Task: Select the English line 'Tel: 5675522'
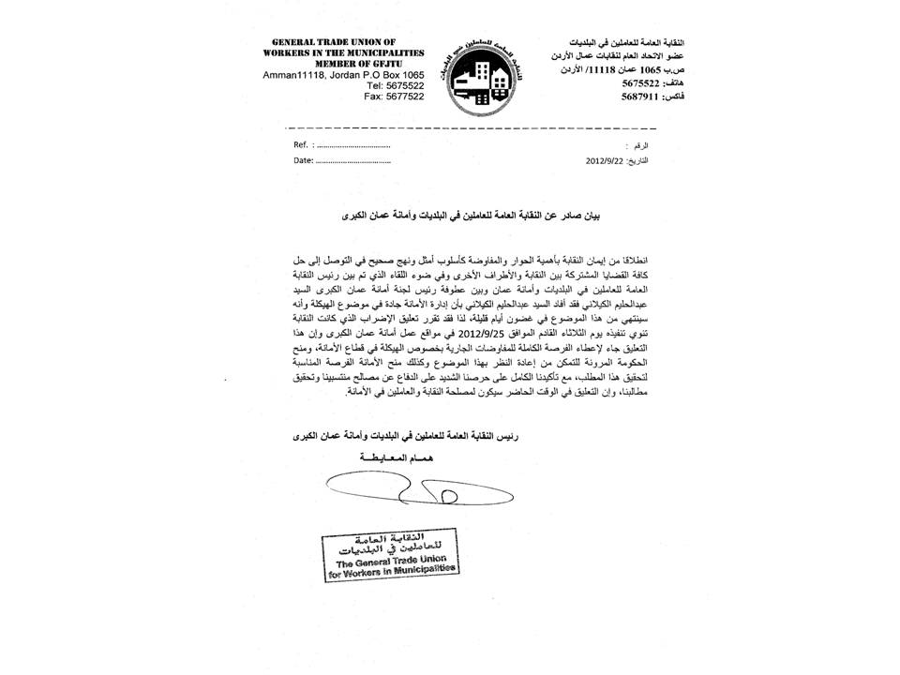coord(393,84)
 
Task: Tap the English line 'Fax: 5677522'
coord(393,96)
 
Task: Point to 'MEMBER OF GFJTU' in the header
coord(348,64)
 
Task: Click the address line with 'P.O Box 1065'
coord(344,74)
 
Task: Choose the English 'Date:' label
coord(303,160)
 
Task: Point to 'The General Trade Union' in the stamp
coord(391,561)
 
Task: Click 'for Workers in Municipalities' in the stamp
coord(391,571)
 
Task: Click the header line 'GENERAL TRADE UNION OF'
coord(347,43)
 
